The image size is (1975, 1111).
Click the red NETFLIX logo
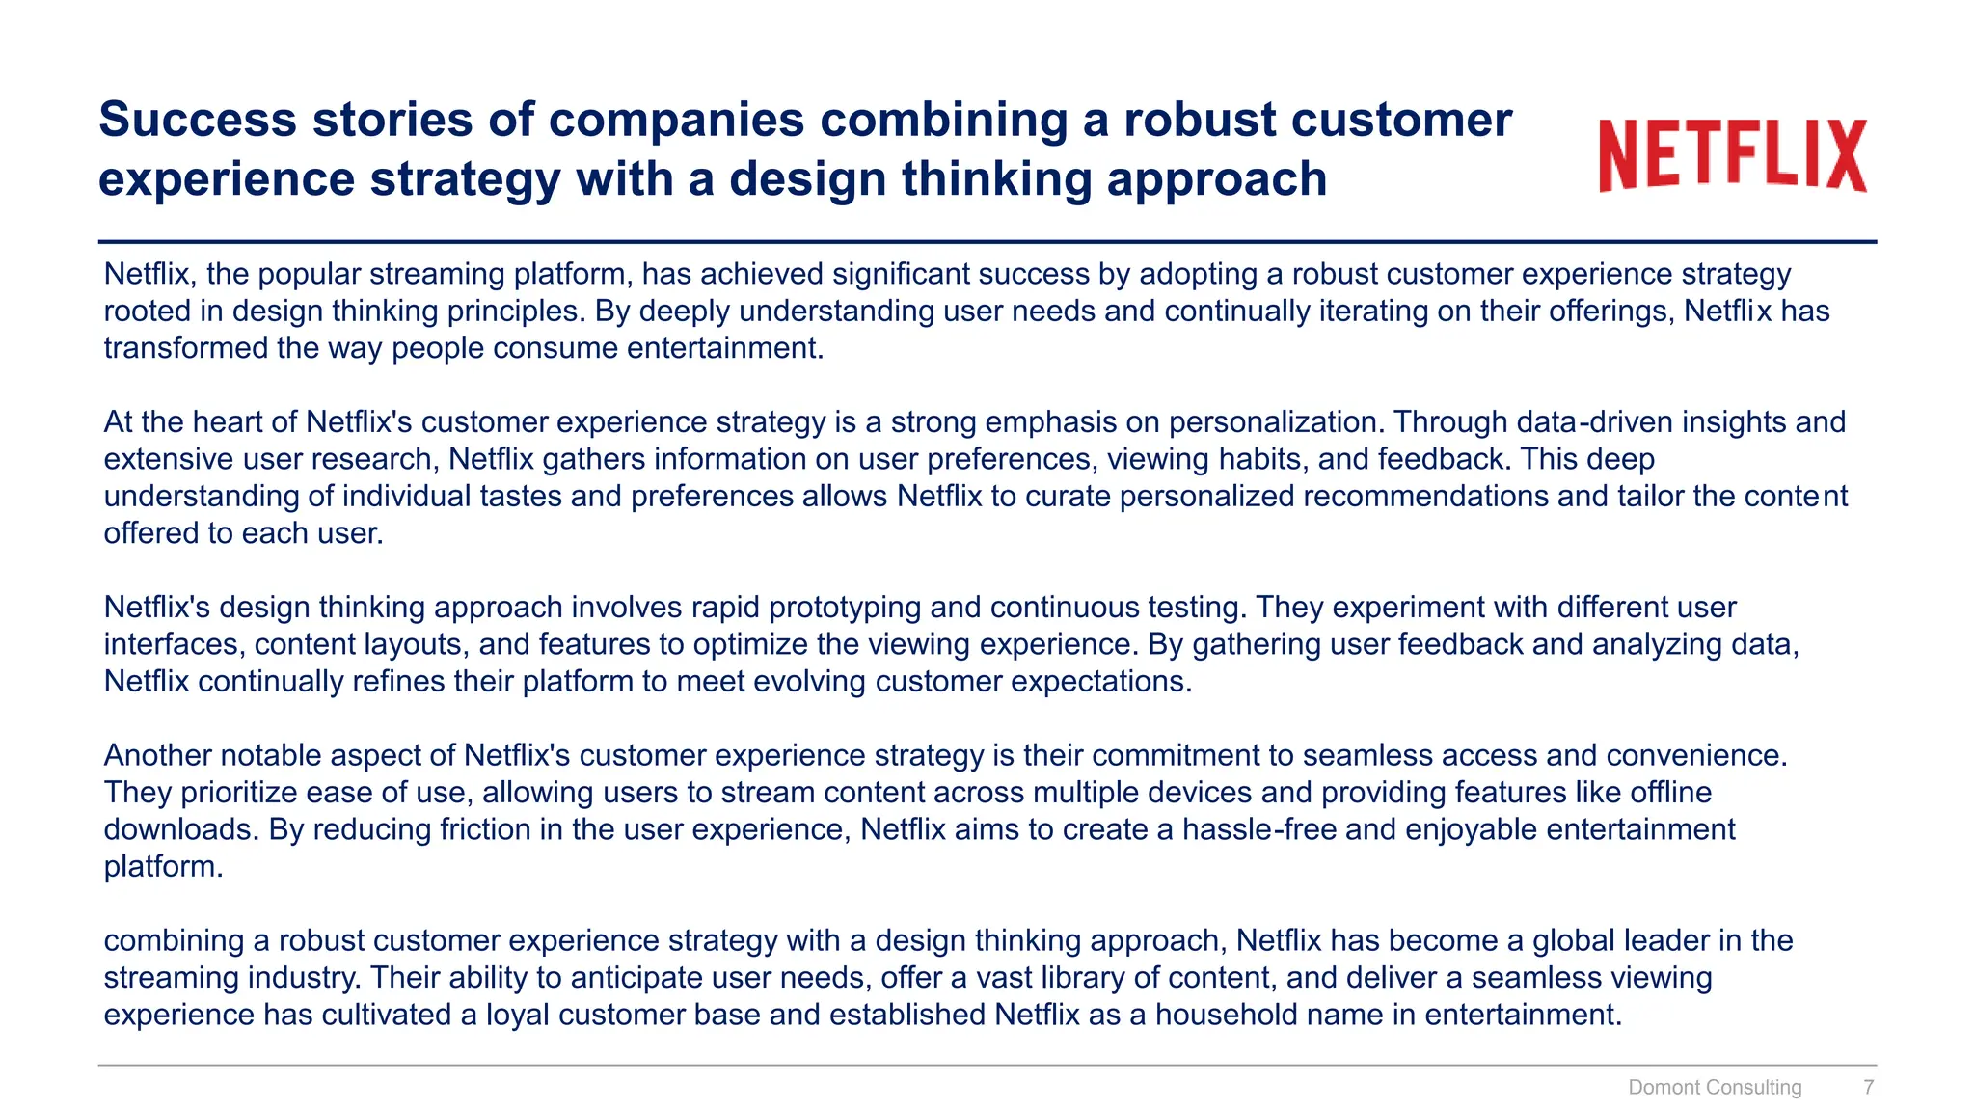tap(1732, 155)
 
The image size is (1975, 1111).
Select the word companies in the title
tap(676, 120)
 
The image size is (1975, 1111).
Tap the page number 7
tap(1868, 1087)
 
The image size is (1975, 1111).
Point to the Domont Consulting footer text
tap(1714, 1087)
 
